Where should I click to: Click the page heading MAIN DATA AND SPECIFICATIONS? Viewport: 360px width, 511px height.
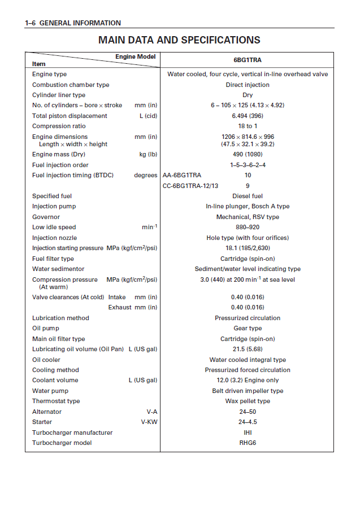click(179, 40)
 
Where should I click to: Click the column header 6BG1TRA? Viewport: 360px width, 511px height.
click(248, 60)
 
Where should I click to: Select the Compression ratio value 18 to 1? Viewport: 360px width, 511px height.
click(248, 126)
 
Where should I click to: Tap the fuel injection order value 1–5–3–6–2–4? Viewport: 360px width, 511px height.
click(248, 165)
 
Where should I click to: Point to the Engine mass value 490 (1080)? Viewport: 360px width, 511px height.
click(248, 154)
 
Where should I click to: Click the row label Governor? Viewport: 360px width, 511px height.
click(46, 217)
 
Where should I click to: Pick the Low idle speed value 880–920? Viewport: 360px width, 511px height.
click(248, 228)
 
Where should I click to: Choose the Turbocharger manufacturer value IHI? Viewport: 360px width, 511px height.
click(248, 433)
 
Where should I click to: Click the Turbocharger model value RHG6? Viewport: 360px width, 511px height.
click(248, 443)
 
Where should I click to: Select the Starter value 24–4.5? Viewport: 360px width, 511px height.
click(248, 422)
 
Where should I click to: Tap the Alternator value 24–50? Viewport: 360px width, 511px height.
click(248, 412)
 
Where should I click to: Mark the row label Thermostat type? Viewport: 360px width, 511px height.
click(56, 401)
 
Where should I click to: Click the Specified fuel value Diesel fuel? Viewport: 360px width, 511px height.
click(248, 196)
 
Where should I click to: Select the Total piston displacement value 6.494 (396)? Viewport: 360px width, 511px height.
click(248, 116)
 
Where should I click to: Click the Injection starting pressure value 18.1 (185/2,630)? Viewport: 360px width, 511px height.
click(248, 248)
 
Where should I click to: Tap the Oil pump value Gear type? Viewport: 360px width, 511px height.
click(248, 329)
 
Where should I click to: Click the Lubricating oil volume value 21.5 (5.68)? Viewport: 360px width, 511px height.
click(248, 350)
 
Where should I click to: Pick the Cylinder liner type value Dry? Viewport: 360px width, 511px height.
click(248, 95)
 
